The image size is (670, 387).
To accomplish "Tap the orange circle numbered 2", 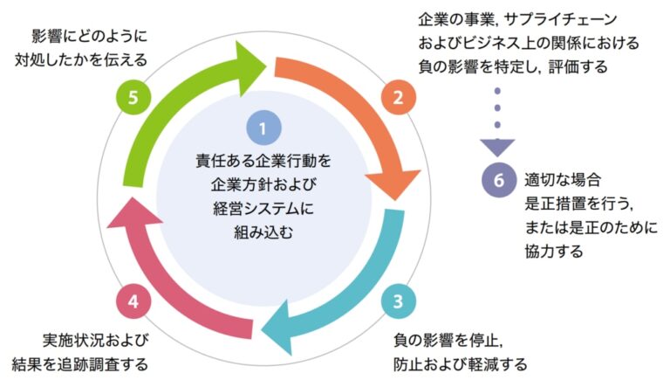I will point(398,97).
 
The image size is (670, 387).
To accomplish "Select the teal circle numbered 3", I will point(397,302).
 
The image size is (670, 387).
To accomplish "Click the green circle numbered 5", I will point(133,97).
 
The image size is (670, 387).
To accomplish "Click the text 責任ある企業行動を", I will point(264,162).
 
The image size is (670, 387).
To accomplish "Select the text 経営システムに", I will point(264,209).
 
